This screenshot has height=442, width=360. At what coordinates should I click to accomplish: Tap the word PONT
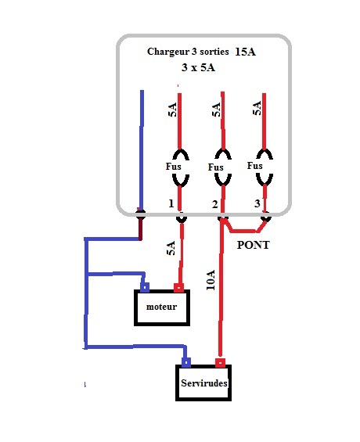(253, 245)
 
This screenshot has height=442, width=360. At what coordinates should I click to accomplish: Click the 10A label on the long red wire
(211, 280)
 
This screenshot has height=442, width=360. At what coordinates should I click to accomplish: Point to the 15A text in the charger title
(245, 52)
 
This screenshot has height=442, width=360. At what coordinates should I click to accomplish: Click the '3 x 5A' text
(198, 67)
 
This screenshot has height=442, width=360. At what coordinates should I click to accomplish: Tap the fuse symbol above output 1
(181, 168)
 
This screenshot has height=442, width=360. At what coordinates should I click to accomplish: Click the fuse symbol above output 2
(223, 168)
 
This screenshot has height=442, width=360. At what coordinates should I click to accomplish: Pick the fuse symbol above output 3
(265, 167)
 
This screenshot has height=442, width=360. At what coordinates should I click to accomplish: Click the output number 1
(171, 203)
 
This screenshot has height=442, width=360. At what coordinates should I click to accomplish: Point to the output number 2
(214, 204)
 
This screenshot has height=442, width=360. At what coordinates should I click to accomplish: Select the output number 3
(257, 203)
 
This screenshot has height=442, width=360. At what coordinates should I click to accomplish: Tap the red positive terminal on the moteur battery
(178, 288)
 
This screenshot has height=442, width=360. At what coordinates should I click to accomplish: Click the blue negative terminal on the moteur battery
(145, 288)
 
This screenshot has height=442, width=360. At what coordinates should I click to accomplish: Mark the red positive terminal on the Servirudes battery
(220, 363)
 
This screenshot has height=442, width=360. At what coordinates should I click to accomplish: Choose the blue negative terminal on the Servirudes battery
(186, 362)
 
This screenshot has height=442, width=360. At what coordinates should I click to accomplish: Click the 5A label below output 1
(171, 248)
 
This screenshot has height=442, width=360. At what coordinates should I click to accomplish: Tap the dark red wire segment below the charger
(140, 228)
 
